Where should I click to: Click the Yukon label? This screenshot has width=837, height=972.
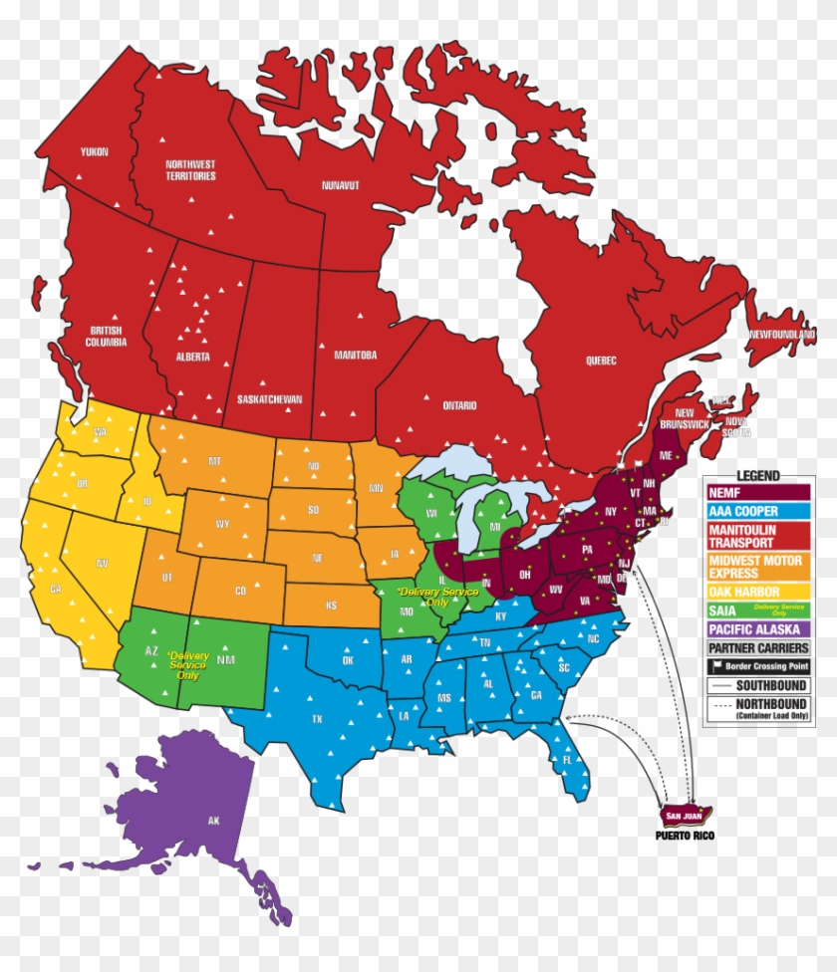[94, 151]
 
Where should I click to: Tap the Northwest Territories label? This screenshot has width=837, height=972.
[190, 170]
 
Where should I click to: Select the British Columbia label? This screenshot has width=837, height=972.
[108, 337]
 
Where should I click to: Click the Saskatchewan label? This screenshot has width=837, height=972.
[269, 399]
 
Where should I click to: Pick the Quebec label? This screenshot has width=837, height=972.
[601, 361]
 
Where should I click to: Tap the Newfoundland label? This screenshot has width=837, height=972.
[782, 335]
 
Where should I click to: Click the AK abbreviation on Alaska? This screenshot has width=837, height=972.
[213, 821]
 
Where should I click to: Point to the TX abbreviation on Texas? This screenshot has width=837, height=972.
[317, 718]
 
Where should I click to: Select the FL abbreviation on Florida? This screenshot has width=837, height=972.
[567, 759]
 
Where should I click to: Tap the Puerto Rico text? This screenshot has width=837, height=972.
[685, 836]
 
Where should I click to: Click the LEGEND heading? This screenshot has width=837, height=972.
[758, 476]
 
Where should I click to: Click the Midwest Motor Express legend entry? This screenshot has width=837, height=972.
[755, 567]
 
